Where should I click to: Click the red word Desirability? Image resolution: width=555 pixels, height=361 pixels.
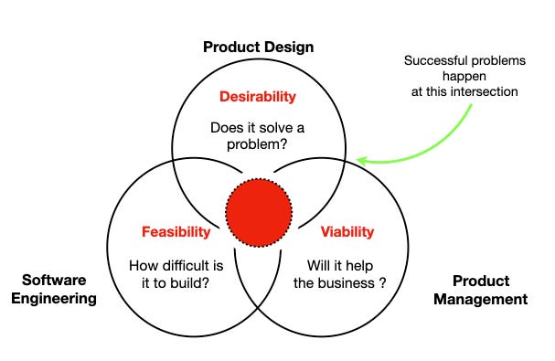click(x=258, y=96)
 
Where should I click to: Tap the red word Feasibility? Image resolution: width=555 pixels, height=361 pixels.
click(x=176, y=231)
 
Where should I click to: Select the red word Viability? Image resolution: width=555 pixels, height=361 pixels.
click(x=347, y=231)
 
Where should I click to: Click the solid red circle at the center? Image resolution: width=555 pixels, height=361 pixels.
click(x=259, y=212)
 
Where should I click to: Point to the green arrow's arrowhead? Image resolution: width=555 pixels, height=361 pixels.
click(x=361, y=160)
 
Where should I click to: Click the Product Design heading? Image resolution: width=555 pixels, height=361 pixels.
click(x=259, y=47)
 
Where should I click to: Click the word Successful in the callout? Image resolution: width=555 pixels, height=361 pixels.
click(x=431, y=62)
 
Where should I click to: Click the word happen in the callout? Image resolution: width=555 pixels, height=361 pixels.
click(x=465, y=78)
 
